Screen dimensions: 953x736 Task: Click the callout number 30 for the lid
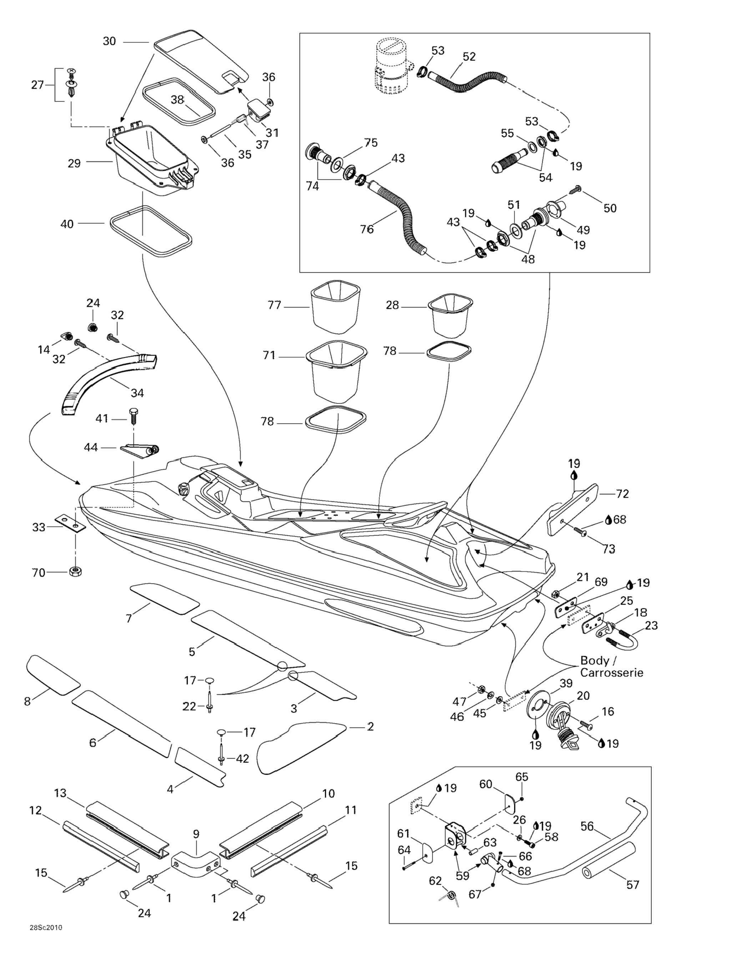[x=109, y=41]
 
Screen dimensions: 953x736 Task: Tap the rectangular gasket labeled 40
[x=151, y=231]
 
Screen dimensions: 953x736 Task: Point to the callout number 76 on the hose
[x=367, y=229]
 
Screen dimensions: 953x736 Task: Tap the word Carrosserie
[x=611, y=673]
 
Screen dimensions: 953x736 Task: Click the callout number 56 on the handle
[x=587, y=826]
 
